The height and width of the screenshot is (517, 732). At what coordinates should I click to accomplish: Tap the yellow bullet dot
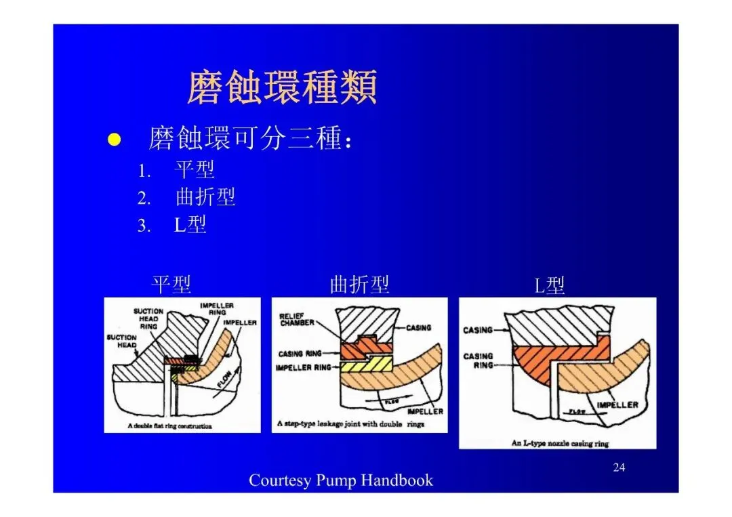[115, 140]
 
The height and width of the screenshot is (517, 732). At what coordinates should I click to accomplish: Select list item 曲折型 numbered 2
[205, 197]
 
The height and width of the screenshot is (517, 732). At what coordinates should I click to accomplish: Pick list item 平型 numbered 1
[195, 169]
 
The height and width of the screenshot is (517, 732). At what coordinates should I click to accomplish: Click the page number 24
[618, 467]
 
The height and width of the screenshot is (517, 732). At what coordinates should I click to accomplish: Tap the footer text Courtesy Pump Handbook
[341, 480]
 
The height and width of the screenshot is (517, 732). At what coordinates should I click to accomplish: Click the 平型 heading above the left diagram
[171, 285]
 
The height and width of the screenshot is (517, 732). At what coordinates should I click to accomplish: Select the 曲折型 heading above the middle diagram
[359, 285]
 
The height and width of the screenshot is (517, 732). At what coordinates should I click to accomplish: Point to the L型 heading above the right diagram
[549, 286]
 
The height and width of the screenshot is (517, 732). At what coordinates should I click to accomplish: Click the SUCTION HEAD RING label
[148, 318]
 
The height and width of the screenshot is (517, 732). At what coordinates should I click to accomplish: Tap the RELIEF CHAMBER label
[297, 320]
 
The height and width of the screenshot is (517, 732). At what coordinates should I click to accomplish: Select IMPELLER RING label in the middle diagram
[304, 368]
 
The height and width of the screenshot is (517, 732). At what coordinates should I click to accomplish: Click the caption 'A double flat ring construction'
[169, 426]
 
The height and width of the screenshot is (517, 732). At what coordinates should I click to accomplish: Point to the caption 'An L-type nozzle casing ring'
[560, 443]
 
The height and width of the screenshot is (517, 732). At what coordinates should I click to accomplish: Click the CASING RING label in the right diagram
[478, 360]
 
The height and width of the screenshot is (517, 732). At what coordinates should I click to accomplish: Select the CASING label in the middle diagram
[418, 328]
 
